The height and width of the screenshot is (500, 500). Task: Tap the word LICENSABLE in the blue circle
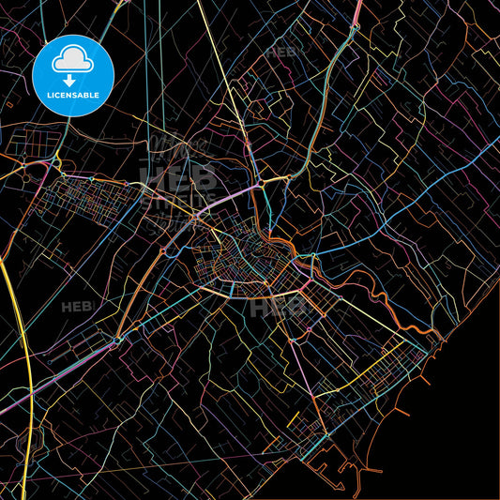[x=72, y=96]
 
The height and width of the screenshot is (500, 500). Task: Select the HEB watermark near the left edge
[x=74, y=307]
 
